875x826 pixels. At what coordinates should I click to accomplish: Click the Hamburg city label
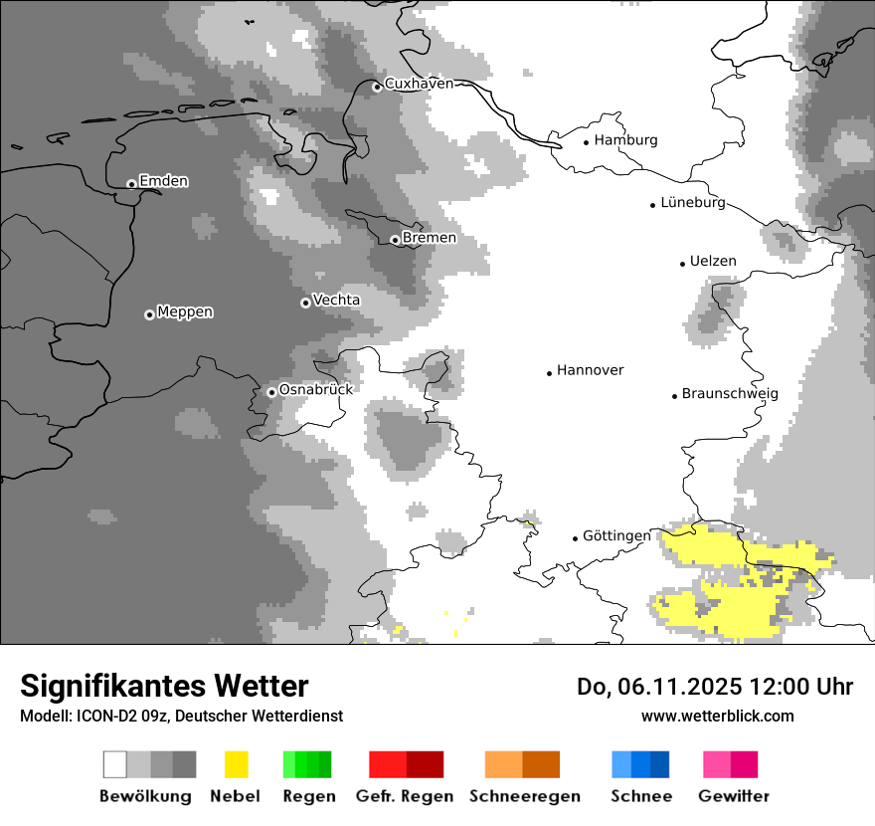(625, 140)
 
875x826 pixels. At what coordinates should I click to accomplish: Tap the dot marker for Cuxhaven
(377, 87)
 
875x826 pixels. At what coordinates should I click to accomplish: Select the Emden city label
(163, 181)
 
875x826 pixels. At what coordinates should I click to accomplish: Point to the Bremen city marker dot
(395, 239)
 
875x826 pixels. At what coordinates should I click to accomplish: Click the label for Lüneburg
(693, 203)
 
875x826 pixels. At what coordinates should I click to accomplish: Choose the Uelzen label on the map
(713, 262)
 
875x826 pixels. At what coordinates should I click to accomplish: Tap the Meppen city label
(185, 312)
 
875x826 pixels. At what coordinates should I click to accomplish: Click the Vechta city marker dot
(305, 302)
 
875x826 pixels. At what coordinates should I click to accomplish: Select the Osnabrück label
(316, 390)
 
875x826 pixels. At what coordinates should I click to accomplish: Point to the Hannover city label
(590, 370)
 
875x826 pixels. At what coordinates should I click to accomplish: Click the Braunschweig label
(730, 394)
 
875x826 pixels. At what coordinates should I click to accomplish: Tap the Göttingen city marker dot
(575, 538)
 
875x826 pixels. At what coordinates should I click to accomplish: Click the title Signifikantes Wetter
(164, 687)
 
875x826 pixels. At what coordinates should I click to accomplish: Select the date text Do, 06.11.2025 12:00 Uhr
(715, 687)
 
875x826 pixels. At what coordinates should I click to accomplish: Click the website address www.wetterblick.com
(717, 716)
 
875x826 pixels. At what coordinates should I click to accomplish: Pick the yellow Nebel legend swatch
(236, 764)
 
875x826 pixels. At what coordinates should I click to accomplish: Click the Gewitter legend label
(734, 796)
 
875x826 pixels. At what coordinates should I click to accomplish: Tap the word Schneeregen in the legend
(525, 796)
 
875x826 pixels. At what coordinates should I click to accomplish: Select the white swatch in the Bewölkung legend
(115, 764)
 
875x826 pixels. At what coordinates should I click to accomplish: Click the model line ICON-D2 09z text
(181, 717)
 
